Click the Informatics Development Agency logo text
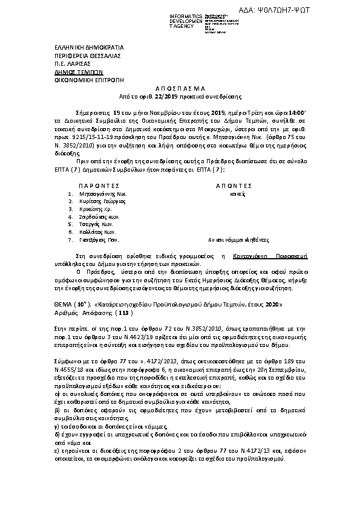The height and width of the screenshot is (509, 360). (171, 19)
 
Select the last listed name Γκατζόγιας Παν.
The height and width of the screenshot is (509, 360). (100, 239)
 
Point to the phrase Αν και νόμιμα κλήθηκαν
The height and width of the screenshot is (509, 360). (236, 239)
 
